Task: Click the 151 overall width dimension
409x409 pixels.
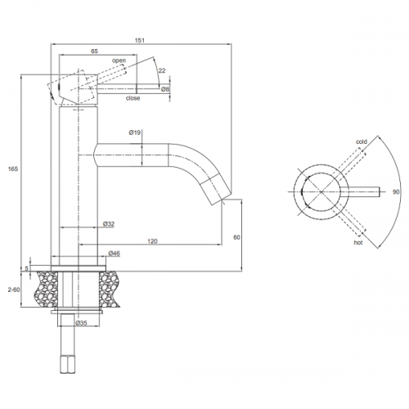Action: pos(139,40)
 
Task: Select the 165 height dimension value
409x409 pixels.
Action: pos(13,169)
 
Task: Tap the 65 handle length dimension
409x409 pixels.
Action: pos(94,51)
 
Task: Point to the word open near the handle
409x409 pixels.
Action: pos(119,61)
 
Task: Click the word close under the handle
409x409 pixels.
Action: pos(133,98)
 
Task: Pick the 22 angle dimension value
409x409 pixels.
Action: pos(162,70)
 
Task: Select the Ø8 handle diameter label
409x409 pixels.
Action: pos(165,89)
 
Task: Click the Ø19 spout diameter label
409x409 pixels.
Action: pos(135,133)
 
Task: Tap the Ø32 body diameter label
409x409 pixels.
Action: pos(109,224)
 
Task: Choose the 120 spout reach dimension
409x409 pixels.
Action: pos(152,241)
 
